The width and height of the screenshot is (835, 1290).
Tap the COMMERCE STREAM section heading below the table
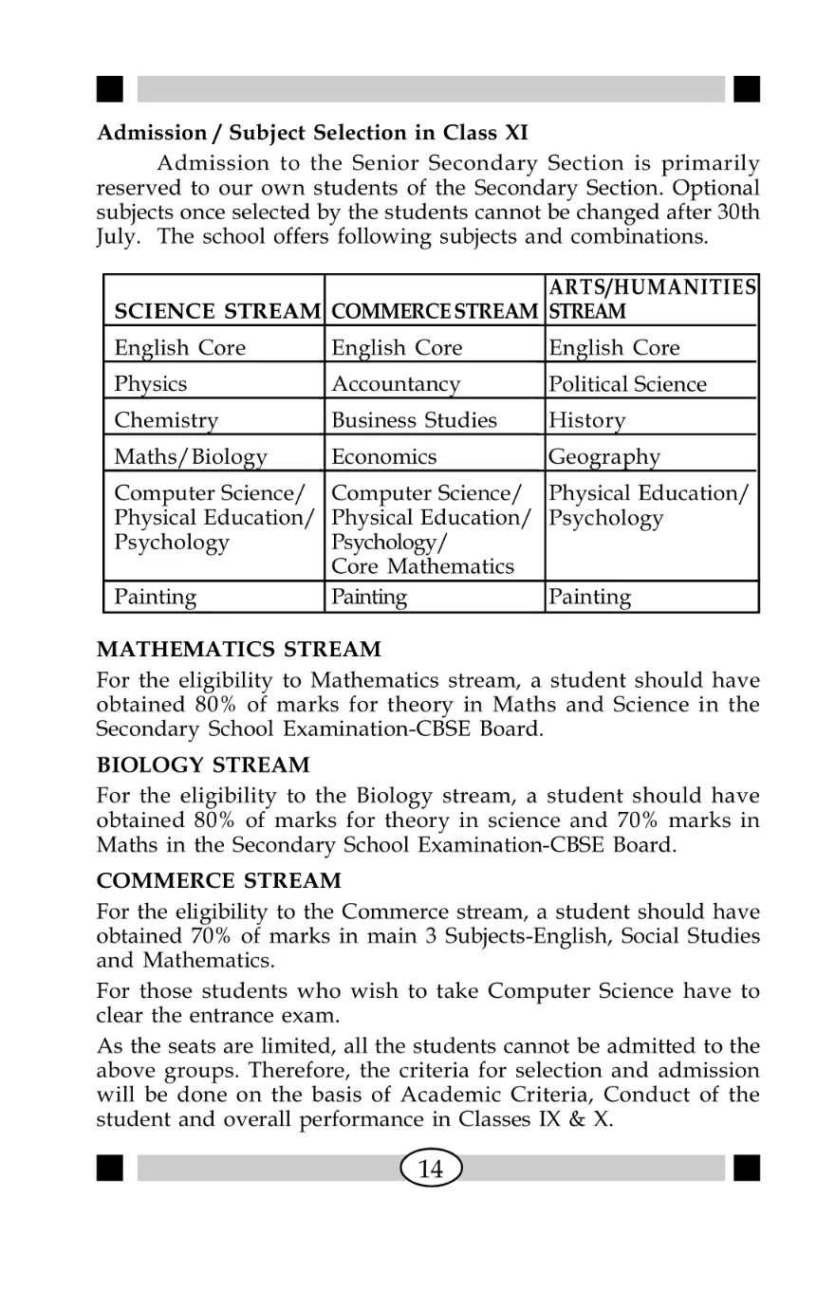[219, 881]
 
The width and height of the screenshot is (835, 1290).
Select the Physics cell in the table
[151, 384]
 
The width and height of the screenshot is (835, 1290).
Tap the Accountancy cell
[396, 384]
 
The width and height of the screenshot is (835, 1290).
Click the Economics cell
[384, 457]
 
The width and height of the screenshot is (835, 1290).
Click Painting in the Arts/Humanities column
[588, 598]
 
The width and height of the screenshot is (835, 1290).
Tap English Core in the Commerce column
[397, 348]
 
